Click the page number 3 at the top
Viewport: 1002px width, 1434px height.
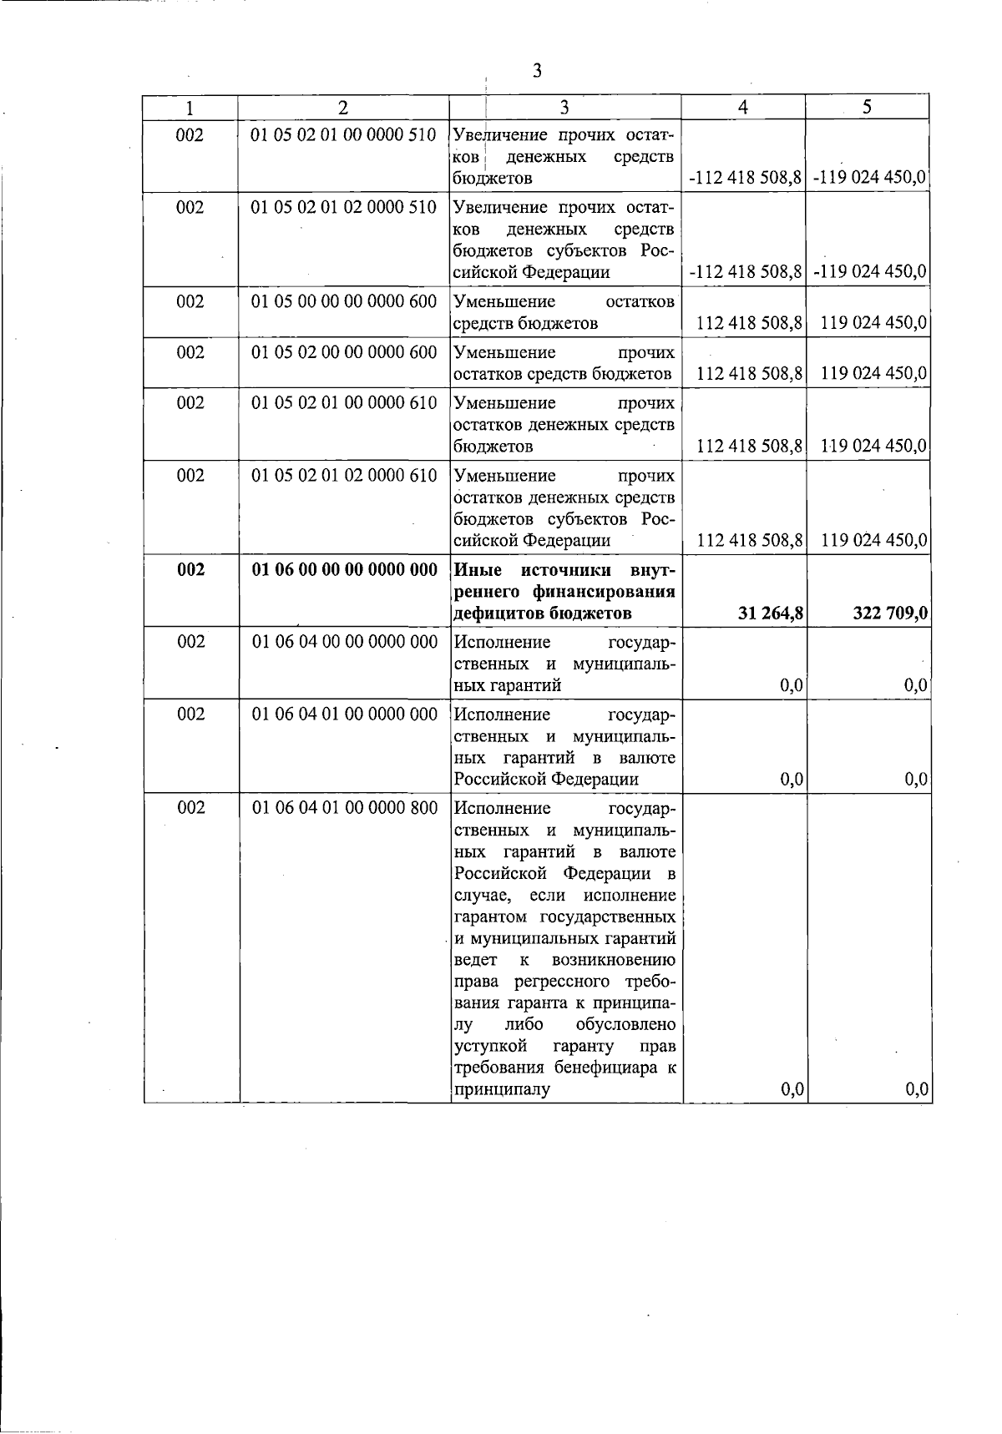click(x=537, y=71)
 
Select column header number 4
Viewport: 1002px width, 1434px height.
click(x=743, y=107)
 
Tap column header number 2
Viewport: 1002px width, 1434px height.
click(x=342, y=107)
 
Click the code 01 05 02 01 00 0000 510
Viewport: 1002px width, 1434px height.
click(x=344, y=134)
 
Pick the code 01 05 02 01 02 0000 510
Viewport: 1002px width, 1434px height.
click(x=344, y=207)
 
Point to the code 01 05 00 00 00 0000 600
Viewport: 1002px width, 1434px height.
click(x=344, y=301)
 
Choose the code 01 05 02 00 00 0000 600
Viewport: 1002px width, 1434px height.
click(x=344, y=352)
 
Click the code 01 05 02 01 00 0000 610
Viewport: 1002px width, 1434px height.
click(x=344, y=403)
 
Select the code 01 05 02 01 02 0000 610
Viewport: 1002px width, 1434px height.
click(x=344, y=476)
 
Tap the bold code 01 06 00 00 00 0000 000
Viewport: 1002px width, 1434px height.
click(x=344, y=570)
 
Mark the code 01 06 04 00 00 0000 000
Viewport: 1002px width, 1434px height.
click(x=344, y=642)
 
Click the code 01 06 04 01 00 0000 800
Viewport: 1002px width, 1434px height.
click(x=344, y=808)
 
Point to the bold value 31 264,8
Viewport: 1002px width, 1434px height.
click(x=771, y=614)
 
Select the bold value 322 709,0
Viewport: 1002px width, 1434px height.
click(x=890, y=614)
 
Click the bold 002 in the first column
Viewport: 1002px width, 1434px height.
click(x=190, y=570)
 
